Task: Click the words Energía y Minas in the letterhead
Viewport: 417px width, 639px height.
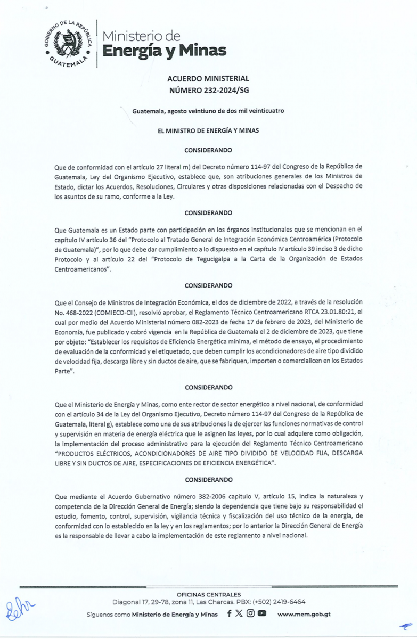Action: coord(164,51)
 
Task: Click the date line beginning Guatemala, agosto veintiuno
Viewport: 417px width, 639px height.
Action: coord(208,111)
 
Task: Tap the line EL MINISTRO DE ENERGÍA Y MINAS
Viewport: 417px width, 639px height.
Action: coord(208,130)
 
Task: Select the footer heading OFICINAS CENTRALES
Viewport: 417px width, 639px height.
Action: coord(208,595)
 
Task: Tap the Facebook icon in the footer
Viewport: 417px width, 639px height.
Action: coord(229,613)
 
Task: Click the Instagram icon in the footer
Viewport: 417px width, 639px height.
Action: coord(250,613)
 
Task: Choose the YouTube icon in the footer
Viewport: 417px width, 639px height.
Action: coord(261,613)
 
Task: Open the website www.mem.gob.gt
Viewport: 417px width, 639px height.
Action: coord(304,614)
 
